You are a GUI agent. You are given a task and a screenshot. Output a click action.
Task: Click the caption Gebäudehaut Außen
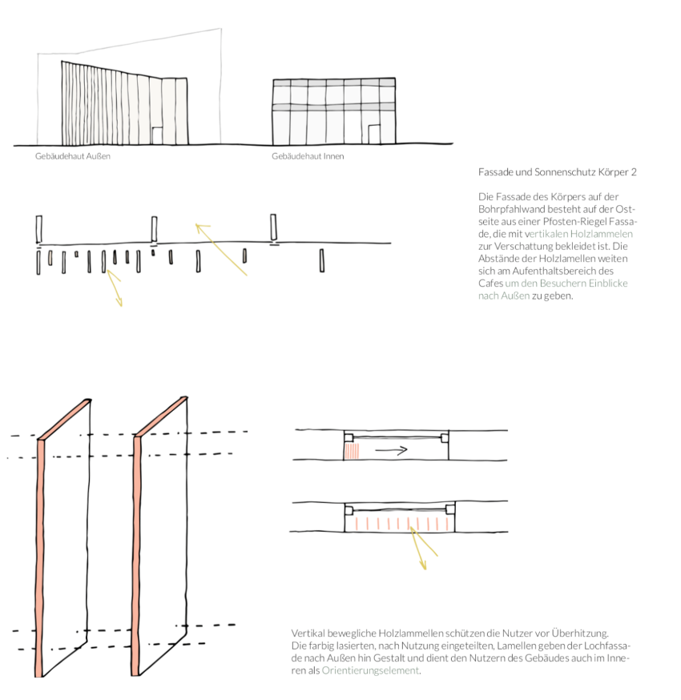[72, 156]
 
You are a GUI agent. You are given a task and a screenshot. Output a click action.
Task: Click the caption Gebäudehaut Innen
[308, 156]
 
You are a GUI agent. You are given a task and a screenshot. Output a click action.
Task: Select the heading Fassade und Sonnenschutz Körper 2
[557, 172]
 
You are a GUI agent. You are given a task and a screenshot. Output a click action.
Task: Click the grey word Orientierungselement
[370, 670]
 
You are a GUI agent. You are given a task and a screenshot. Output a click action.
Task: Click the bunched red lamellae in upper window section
[353, 451]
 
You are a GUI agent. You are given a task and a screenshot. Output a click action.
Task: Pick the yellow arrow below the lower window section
[421, 549]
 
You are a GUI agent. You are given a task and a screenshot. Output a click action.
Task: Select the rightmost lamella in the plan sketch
[321, 261]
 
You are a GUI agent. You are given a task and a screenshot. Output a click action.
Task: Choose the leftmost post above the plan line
[38, 227]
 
